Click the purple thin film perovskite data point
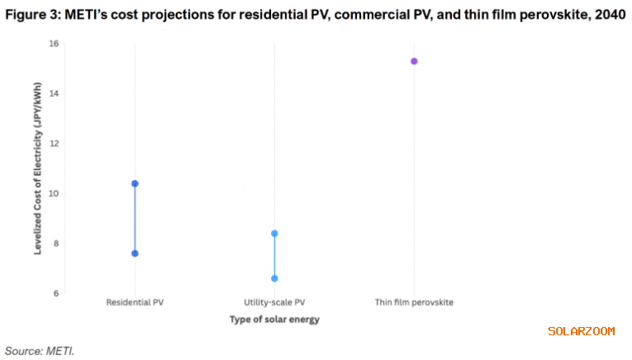coord(414,61)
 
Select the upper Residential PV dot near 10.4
coord(135,183)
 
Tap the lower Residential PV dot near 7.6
coord(135,253)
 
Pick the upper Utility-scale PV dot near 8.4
coord(274,234)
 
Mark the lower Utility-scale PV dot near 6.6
coord(274,278)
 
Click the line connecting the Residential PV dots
coord(135,219)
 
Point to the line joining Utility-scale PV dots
coord(274,256)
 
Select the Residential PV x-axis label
coord(134,303)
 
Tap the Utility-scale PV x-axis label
coord(274,303)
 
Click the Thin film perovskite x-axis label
coord(414,303)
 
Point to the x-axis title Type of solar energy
coord(274,320)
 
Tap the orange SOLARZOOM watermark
coord(582,331)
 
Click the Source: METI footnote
coord(40,350)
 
